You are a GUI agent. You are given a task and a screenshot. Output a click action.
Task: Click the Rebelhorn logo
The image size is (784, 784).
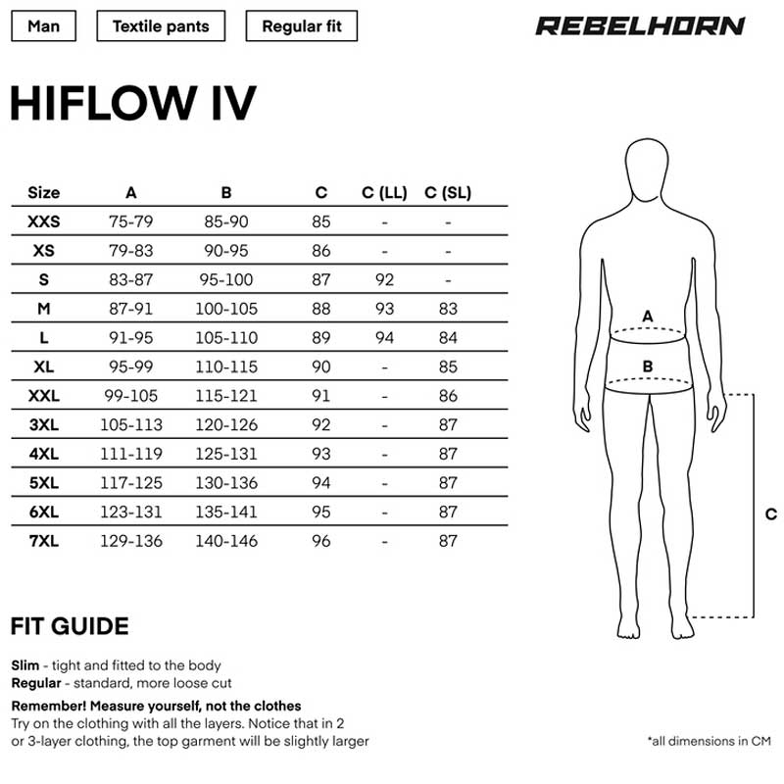point(640,26)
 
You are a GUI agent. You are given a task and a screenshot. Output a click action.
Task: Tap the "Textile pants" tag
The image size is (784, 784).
point(161,26)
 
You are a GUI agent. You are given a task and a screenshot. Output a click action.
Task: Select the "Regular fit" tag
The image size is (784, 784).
point(302,26)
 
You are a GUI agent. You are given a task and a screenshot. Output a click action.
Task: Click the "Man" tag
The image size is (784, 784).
point(43,26)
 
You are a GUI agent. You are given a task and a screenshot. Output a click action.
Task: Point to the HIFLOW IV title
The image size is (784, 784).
point(133,103)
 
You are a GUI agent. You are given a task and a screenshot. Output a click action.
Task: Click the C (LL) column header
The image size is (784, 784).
point(384,192)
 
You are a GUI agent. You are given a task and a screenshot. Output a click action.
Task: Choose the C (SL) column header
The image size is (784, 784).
point(448,192)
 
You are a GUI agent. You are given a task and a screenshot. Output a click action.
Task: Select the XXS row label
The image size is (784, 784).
point(43,221)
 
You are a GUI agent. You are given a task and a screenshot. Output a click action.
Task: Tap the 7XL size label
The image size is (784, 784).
point(43,541)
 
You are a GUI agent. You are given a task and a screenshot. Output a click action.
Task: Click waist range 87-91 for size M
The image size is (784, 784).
point(131,309)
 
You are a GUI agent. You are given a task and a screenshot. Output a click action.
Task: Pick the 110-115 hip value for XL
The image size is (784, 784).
point(226,367)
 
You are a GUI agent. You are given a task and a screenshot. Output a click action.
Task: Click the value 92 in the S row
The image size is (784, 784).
point(384,279)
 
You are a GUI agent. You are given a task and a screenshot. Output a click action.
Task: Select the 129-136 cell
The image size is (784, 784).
point(131,541)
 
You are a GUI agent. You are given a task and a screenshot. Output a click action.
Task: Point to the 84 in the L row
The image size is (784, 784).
point(448,337)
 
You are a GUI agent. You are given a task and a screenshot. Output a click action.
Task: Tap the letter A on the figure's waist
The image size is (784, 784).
point(648,316)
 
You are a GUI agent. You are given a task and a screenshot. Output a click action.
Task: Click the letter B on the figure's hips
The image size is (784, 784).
point(648,367)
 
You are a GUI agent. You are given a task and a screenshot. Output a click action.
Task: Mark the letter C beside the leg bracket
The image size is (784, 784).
point(770,514)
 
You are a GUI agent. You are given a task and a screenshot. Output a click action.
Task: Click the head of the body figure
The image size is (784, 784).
point(647,168)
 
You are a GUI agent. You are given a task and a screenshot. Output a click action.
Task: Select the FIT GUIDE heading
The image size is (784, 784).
point(70,626)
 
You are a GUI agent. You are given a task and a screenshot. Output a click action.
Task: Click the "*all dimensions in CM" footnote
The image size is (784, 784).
point(709,741)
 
